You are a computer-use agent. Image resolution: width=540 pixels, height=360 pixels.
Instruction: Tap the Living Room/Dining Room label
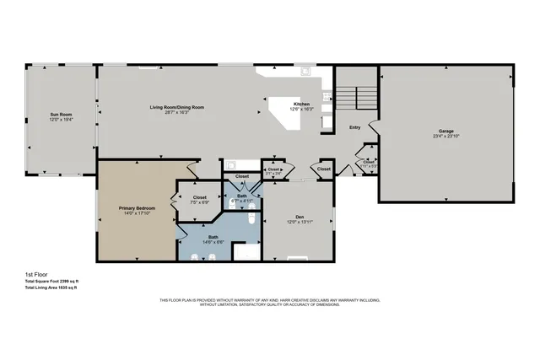(177, 107)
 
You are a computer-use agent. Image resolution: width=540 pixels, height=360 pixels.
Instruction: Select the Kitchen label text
(278, 104)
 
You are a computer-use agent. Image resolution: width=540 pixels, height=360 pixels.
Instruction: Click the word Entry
(355, 127)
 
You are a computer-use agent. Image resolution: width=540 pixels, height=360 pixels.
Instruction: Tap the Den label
(300, 217)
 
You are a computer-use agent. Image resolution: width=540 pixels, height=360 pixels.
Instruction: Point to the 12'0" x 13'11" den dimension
(300, 223)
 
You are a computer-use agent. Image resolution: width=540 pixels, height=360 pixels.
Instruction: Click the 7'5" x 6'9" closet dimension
(200, 202)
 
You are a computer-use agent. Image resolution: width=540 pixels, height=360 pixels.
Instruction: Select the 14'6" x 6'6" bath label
(213, 241)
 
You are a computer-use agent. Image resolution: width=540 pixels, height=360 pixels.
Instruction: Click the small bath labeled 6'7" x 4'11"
(241, 199)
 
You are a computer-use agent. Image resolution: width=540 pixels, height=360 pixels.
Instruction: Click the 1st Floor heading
(35, 275)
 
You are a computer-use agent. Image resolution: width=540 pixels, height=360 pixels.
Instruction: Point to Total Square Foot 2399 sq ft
(52, 282)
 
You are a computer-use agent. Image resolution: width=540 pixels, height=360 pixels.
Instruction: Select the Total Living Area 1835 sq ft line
(52, 288)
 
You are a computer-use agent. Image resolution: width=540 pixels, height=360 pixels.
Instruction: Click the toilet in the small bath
(251, 218)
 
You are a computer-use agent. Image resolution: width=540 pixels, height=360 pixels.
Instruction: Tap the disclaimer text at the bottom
(269, 302)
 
